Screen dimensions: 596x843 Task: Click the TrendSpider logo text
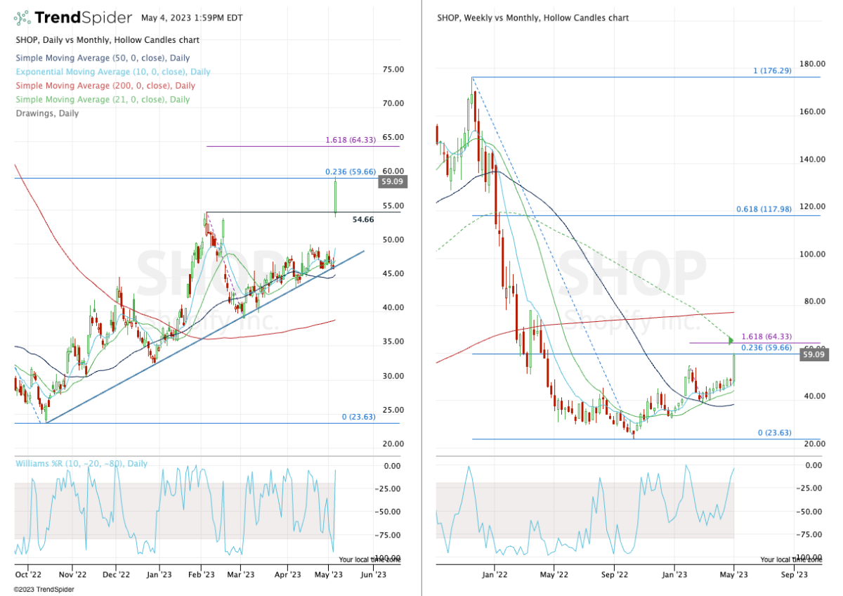(82, 17)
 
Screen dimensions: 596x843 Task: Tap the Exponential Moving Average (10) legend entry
(112, 72)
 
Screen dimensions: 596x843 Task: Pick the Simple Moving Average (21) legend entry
(102, 99)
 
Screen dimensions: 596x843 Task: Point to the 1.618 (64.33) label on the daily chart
(351, 140)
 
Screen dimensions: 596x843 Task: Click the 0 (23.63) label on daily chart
(360, 417)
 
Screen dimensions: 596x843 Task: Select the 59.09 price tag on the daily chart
(391, 181)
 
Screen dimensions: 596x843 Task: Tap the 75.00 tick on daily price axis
(392, 70)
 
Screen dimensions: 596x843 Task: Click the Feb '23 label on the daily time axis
(201, 574)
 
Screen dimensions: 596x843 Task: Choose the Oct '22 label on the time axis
(28, 574)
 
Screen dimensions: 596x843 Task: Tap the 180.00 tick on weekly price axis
(811, 64)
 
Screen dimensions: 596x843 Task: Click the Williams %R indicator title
(81, 464)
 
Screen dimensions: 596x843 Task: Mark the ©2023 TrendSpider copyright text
(44, 589)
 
